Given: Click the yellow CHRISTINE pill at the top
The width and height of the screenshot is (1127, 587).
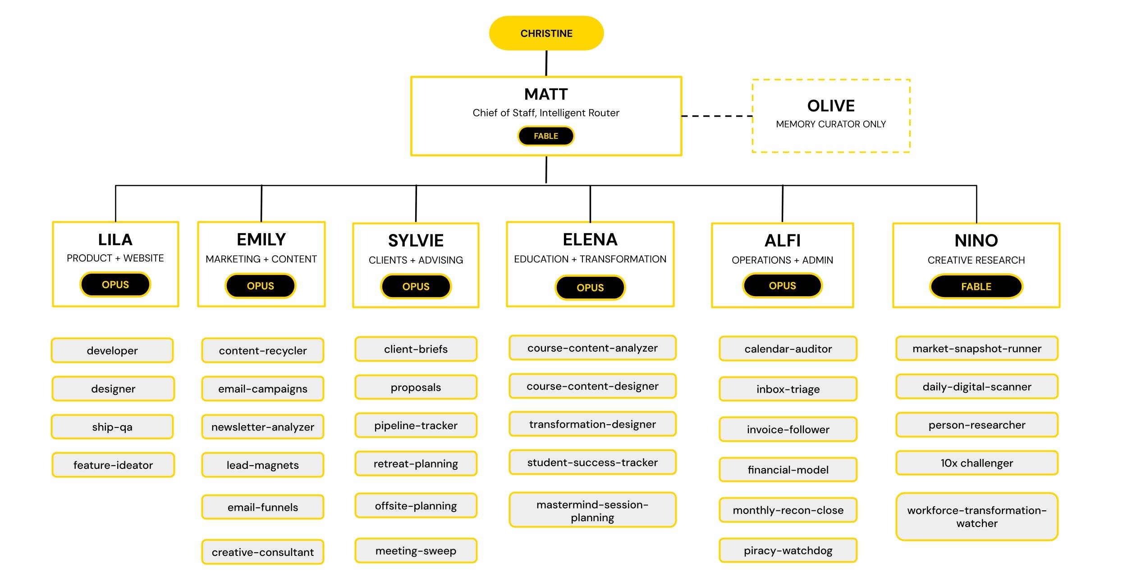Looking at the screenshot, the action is pos(546,33).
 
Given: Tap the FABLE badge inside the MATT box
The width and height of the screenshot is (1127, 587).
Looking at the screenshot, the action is pos(546,136).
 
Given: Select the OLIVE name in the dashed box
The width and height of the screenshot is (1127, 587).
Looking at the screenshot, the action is pos(831,105).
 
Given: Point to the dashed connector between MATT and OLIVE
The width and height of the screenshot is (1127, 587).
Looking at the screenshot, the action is pos(717,116).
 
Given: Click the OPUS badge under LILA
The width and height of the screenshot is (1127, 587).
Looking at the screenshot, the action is pos(115,284).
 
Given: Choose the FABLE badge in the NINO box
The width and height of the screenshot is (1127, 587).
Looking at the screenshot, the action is pos(976,286).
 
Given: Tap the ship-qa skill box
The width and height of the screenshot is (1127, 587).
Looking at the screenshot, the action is pos(112,426).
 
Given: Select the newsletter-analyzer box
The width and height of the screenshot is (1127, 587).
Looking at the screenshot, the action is pos(263,426).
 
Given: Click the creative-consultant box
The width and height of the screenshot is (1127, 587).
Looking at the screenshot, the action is pos(263,552).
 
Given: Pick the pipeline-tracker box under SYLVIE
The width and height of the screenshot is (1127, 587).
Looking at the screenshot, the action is pos(416,425).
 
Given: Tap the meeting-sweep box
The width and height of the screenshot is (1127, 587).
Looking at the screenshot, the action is pos(416,550).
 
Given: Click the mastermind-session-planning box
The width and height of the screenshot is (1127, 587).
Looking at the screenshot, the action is pos(592,510).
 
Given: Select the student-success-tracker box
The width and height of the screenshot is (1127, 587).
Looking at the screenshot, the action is pos(592,462).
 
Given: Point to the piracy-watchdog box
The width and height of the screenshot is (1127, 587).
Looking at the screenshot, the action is pos(788,550).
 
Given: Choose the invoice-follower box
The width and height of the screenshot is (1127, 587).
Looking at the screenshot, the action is pos(788,429).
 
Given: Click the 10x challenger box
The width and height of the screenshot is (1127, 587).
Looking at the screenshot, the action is pos(977,463).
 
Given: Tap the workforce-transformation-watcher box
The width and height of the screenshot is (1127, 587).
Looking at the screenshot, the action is pos(977,517).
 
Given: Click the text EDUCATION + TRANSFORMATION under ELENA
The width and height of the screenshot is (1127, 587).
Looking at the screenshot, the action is pos(590,259).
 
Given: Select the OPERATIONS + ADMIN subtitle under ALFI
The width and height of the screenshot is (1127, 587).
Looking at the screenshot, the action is pos(782,260).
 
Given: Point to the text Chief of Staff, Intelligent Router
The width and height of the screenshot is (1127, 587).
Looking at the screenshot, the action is pos(546,113).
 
